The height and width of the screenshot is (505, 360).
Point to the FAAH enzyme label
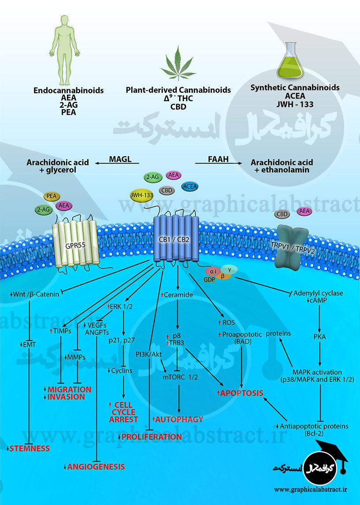(x=218, y=159)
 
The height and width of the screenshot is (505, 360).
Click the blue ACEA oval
(x=190, y=186)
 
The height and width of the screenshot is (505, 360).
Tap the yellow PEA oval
(x=52, y=197)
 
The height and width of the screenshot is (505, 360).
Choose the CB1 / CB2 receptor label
(x=176, y=239)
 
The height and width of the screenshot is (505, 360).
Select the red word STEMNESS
(x=30, y=448)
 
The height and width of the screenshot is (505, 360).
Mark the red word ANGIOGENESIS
(x=96, y=467)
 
